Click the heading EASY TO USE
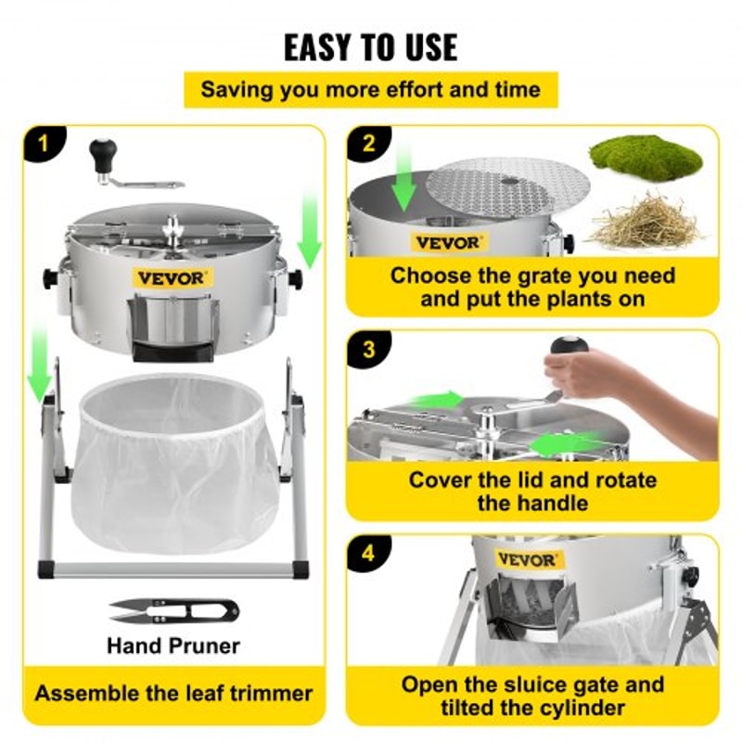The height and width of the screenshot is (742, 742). tap(370, 45)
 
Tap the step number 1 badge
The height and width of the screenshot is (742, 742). tap(42, 145)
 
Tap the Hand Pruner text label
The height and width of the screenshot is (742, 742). tap(173, 645)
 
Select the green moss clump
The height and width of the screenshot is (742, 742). tap(646, 158)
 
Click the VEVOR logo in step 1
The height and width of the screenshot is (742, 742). tap(173, 277)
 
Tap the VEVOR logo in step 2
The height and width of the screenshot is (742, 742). tap(448, 243)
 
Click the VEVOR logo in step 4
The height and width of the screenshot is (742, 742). tap(527, 559)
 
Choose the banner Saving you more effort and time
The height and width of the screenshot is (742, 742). tap(370, 90)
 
